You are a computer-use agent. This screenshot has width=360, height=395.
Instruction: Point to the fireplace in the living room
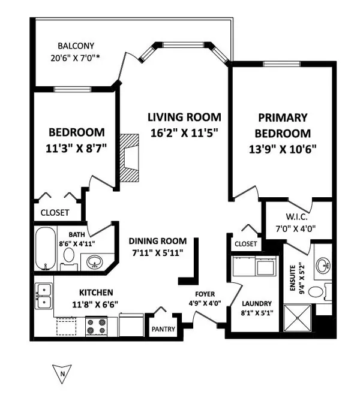click(128, 157)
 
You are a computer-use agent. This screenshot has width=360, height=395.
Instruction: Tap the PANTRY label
click(164, 330)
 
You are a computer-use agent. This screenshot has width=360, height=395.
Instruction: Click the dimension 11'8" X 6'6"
click(96, 304)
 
